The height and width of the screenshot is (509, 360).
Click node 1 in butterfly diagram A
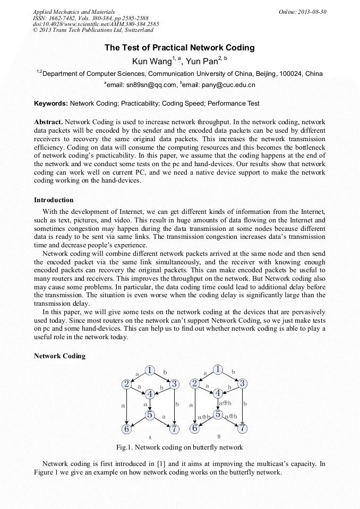coord(150,370)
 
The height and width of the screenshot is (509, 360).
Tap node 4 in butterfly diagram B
coord(218,393)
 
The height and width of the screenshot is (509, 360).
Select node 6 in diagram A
coord(127,428)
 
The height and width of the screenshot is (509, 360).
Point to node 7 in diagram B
coord(242,428)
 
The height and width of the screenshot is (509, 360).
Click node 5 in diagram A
coord(150,415)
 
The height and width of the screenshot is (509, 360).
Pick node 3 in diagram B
coord(242,383)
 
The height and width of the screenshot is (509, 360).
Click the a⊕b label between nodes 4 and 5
coord(225,404)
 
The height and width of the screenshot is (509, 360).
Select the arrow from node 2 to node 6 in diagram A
coord(127,406)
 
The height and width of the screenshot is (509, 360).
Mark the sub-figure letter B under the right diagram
coord(218,436)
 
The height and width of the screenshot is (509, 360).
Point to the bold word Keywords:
coord(51,103)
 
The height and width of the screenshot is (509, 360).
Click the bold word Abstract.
coord(49,122)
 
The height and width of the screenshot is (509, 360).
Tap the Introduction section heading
coord(54,200)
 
